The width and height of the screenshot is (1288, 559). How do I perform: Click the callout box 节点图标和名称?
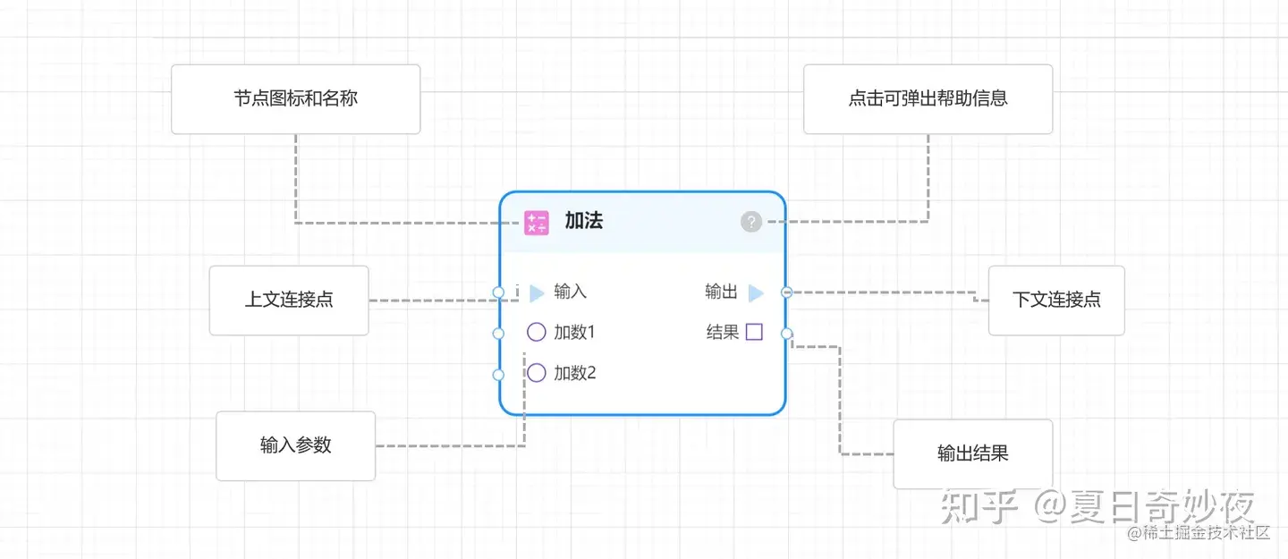pyautogui.click(x=295, y=99)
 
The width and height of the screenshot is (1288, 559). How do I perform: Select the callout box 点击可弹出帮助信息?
pyautogui.click(x=928, y=99)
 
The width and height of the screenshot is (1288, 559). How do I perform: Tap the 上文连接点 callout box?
pyautogui.click(x=289, y=301)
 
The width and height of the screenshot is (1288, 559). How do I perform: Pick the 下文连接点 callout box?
pyautogui.click(x=1056, y=301)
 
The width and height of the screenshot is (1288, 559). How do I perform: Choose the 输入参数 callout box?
pyautogui.click(x=295, y=445)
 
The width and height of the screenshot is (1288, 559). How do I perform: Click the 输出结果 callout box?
pyautogui.click(x=972, y=453)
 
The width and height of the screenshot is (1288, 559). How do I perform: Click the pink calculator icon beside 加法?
pyautogui.click(x=537, y=223)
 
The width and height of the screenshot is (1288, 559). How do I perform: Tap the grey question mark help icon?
pyautogui.click(x=751, y=222)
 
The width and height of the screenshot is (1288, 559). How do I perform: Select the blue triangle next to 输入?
pyautogui.click(x=537, y=292)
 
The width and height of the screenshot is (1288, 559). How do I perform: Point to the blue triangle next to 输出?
pyautogui.click(x=756, y=292)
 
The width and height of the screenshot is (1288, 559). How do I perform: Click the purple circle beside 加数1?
pyautogui.click(x=537, y=333)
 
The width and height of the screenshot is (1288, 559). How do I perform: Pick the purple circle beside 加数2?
pyautogui.click(x=537, y=373)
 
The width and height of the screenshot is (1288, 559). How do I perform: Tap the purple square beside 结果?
pyautogui.click(x=754, y=333)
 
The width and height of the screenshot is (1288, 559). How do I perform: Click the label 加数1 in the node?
pyautogui.click(x=574, y=333)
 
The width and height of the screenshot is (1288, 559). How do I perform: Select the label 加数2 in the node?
pyautogui.click(x=574, y=373)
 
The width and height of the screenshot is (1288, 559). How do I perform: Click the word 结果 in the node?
pyautogui.click(x=723, y=333)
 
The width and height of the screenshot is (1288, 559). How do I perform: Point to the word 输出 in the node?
pyautogui.click(x=721, y=292)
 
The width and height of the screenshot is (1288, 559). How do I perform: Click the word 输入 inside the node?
pyautogui.click(x=571, y=292)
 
